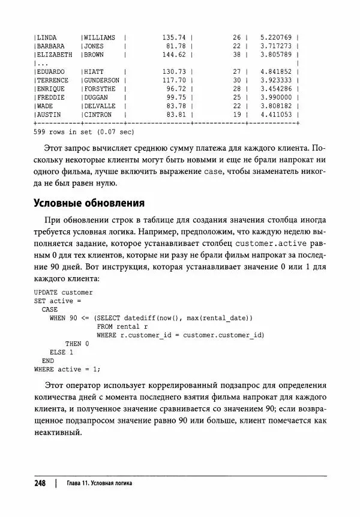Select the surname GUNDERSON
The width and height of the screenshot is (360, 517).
click(101, 80)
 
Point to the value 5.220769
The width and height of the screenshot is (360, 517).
click(276, 37)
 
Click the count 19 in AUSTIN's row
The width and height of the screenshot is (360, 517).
click(236, 114)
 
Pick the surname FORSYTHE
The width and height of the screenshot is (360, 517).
click(100, 88)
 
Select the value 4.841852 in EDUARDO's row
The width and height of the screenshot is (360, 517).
click(276, 71)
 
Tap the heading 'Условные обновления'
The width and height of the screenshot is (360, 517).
click(89, 202)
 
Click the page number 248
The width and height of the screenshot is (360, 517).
click(40, 483)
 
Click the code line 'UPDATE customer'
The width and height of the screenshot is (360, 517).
click(64, 292)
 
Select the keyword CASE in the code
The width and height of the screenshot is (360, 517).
click(49, 309)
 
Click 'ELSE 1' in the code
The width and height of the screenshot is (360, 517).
click(61, 352)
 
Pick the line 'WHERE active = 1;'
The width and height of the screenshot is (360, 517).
click(67, 369)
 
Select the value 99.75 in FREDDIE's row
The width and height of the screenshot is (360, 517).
click(176, 97)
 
